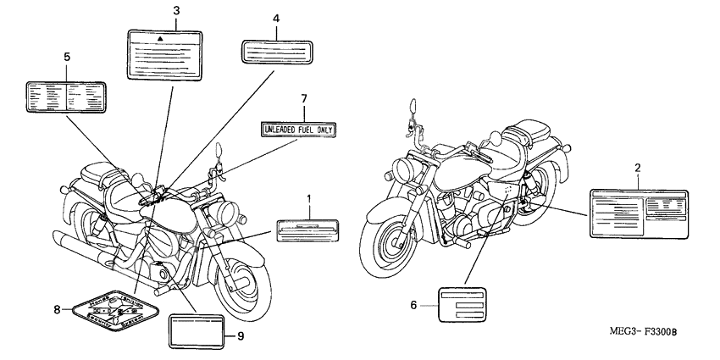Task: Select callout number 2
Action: tap(637, 169)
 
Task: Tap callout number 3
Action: tap(175, 10)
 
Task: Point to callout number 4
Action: tap(276, 18)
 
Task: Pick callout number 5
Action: tap(67, 57)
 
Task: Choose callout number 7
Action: tap(303, 99)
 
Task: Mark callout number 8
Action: tap(58, 310)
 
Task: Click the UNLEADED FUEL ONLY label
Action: tap(299, 130)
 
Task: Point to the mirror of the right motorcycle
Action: tap(414, 108)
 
